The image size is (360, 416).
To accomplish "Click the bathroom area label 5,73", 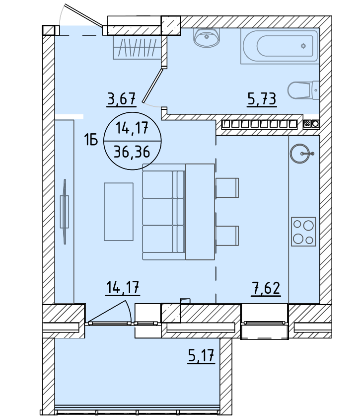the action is pyautogui.click(x=262, y=99).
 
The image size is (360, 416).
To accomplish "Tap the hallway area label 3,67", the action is pyautogui.click(x=122, y=98).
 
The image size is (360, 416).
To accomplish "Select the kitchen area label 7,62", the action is pyautogui.click(x=266, y=288).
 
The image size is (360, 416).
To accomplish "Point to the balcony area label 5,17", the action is pyautogui.click(x=201, y=355).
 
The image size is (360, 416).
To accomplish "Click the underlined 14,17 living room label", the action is pyautogui.click(x=123, y=287).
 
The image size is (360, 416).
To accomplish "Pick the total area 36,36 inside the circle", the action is pyautogui.click(x=132, y=152).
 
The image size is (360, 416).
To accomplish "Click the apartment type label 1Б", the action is pyautogui.click(x=91, y=140).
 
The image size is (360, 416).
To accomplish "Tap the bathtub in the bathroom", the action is pyautogui.click(x=280, y=46).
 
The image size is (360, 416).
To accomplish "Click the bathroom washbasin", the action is pyautogui.click(x=207, y=38).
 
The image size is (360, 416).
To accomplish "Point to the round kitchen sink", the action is pyautogui.click(x=300, y=154).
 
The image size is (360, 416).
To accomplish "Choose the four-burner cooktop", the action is pyautogui.click(x=303, y=231).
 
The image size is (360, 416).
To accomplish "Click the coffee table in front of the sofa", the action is pyautogui.click(x=119, y=212).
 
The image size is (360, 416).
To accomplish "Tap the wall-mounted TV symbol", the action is pyautogui.click(x=65, y=212).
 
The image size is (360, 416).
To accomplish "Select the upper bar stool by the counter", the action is pyautogui.click(x=227, y=188).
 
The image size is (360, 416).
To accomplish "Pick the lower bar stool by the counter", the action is pyautogui.click(x=227, y=236).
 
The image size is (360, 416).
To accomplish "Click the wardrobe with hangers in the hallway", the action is pyautogui.click(x=137, y=47).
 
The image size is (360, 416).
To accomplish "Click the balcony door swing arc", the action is pyautogui.click(x=129, y=311).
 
